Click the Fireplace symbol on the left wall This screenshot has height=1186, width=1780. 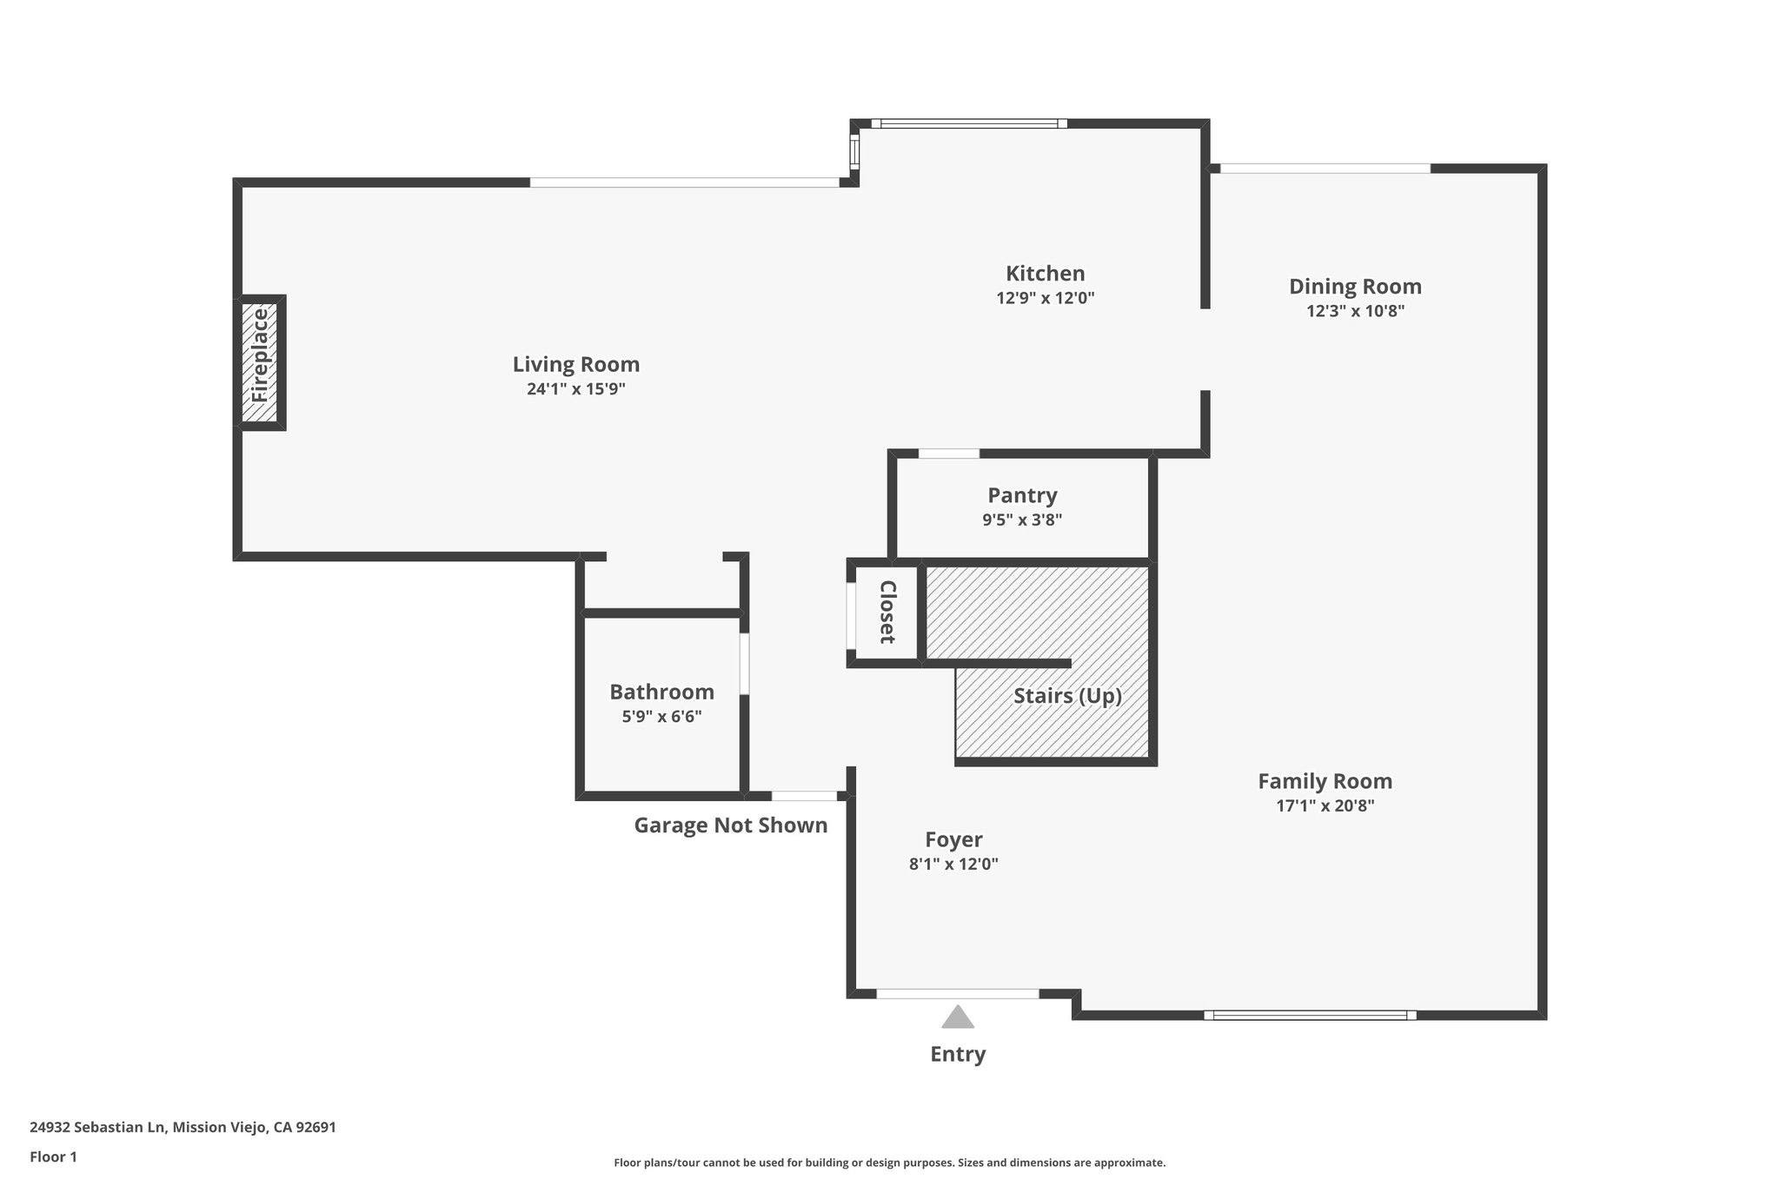[260, 362]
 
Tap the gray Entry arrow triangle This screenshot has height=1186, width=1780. [957, 1017]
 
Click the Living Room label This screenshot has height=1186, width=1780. [575, 364]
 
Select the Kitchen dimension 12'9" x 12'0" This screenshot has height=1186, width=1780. [1045, 298]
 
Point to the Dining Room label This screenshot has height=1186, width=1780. [1354, 286]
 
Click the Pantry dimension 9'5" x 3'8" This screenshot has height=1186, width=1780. [1022, 520]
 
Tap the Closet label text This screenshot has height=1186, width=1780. [887, 612]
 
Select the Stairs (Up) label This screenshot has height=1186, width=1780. [1067, 696]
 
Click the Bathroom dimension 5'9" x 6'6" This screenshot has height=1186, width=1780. [661, 717]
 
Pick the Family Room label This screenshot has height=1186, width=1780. [1325, 780]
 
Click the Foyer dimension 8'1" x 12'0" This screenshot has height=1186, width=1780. [953, 864]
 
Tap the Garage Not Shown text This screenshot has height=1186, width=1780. [730, 825]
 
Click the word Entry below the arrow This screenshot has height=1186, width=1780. [958, 1054]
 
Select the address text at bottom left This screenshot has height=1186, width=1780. [183, 1127]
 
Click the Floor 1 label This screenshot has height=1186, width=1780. [53, 1156]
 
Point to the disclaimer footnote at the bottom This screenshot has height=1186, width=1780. [889, 1163]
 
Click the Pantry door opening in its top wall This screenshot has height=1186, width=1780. [948, 453]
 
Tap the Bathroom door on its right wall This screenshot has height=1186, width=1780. [744, 664]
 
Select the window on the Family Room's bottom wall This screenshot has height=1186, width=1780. [1310, 1015]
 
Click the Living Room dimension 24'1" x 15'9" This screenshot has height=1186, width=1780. [575, 389]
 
